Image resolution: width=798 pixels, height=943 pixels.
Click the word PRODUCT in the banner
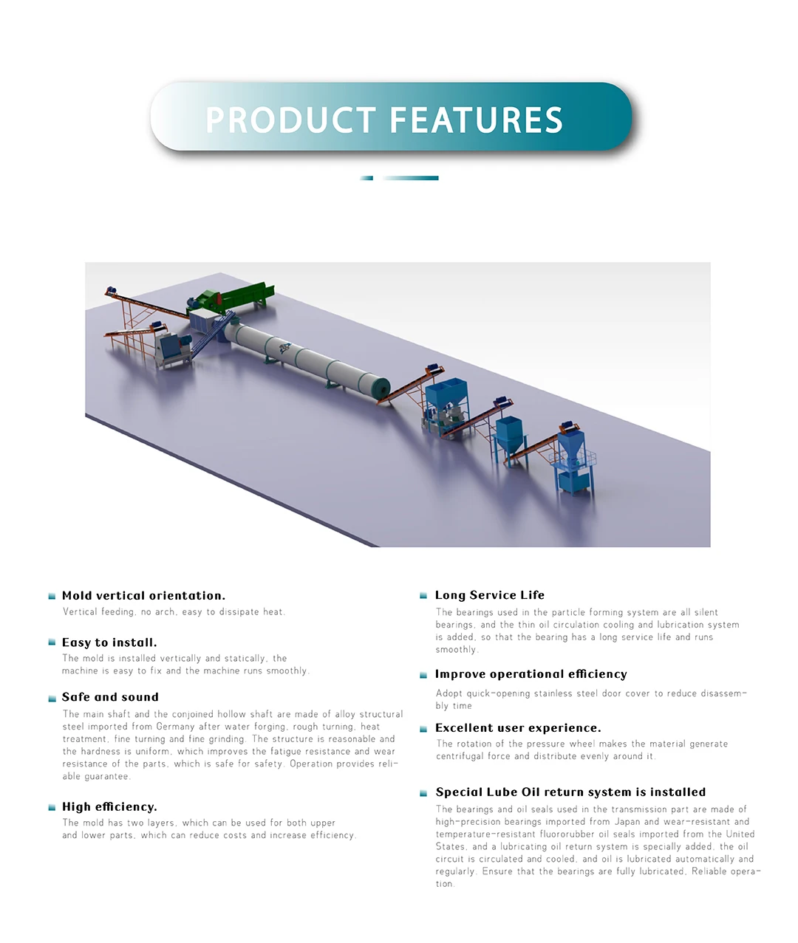click(291, 120)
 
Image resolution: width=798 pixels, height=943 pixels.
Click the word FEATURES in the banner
click(476, 120)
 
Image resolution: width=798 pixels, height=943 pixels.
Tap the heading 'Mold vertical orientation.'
click(143, 596)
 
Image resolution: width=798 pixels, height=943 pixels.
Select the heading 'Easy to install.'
click(109, 642)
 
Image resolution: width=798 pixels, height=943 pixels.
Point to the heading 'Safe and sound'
click(110, 697)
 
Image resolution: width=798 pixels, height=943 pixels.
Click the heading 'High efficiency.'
click(109, 807)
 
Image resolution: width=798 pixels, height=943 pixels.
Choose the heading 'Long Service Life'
click(489, 595)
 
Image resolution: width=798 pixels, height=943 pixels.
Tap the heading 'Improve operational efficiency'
click(531, 674)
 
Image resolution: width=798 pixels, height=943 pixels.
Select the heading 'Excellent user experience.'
click(518, 728)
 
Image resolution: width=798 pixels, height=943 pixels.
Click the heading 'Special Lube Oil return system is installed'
click(570, 792)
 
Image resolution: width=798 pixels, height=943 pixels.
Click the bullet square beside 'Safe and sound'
click(52, 698)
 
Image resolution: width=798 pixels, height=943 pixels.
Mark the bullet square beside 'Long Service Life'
click(423, 596)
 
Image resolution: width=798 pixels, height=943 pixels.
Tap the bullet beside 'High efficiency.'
click(52, 808)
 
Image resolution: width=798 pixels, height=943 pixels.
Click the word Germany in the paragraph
click(175, 727)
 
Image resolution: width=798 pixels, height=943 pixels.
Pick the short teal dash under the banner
click(366, 178)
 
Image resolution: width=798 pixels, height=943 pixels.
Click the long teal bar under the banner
click(412, 178)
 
